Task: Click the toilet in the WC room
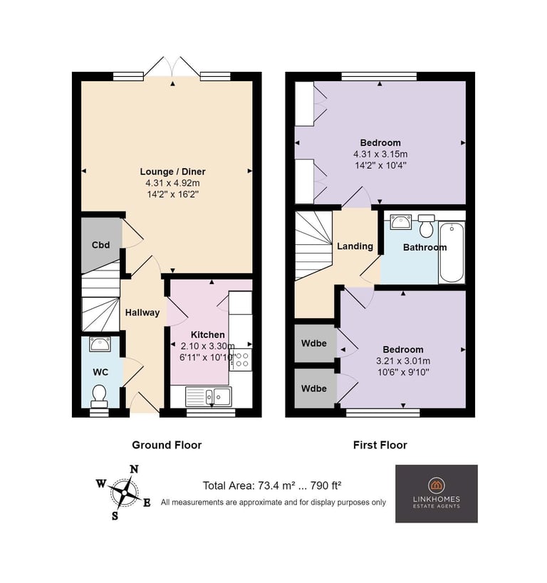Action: coord(99,396)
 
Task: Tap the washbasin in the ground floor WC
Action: coord(100,344)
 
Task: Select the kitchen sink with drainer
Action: coord(209,396)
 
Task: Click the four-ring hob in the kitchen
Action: coord(241,359)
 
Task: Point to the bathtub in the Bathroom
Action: coord(452,253)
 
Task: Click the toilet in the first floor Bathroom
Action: coord(427,226)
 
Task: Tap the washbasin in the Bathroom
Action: coord(401,221)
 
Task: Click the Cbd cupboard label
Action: coord(101,245)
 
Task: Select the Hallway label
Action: coord(142,312)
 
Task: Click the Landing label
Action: coord(355,246)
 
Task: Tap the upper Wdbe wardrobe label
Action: coord(314,343)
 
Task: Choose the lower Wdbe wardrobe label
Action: coord(314,389)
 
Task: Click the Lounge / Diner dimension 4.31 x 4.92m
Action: coord(172,183)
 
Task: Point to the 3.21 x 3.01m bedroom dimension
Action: coord(403,361)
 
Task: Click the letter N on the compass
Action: coord(134,470)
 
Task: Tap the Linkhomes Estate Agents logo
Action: coord(437,493)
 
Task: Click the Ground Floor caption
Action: coord(167,445)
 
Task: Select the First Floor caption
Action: coord(380,445)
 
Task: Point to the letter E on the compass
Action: coord(147,503)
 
